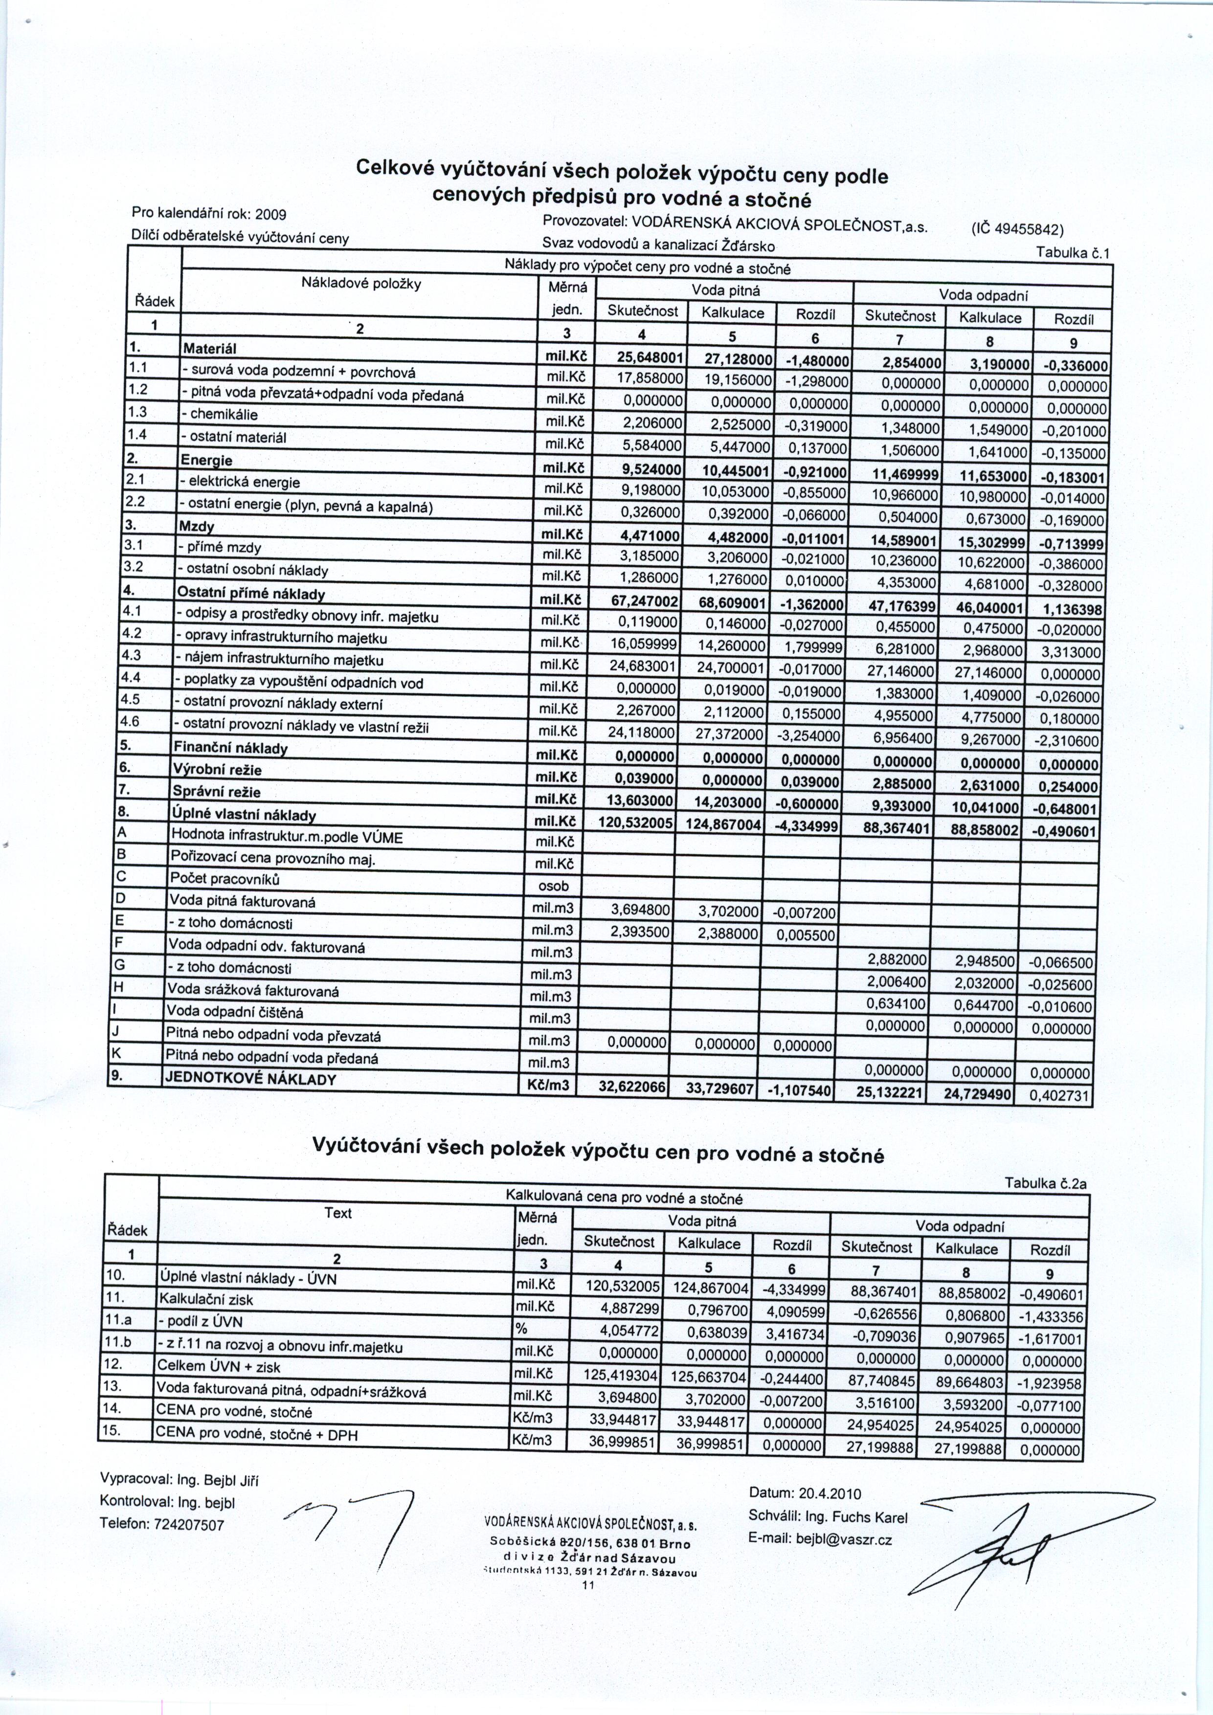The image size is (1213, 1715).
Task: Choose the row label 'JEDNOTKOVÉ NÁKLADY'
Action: (x=251, y=1079)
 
